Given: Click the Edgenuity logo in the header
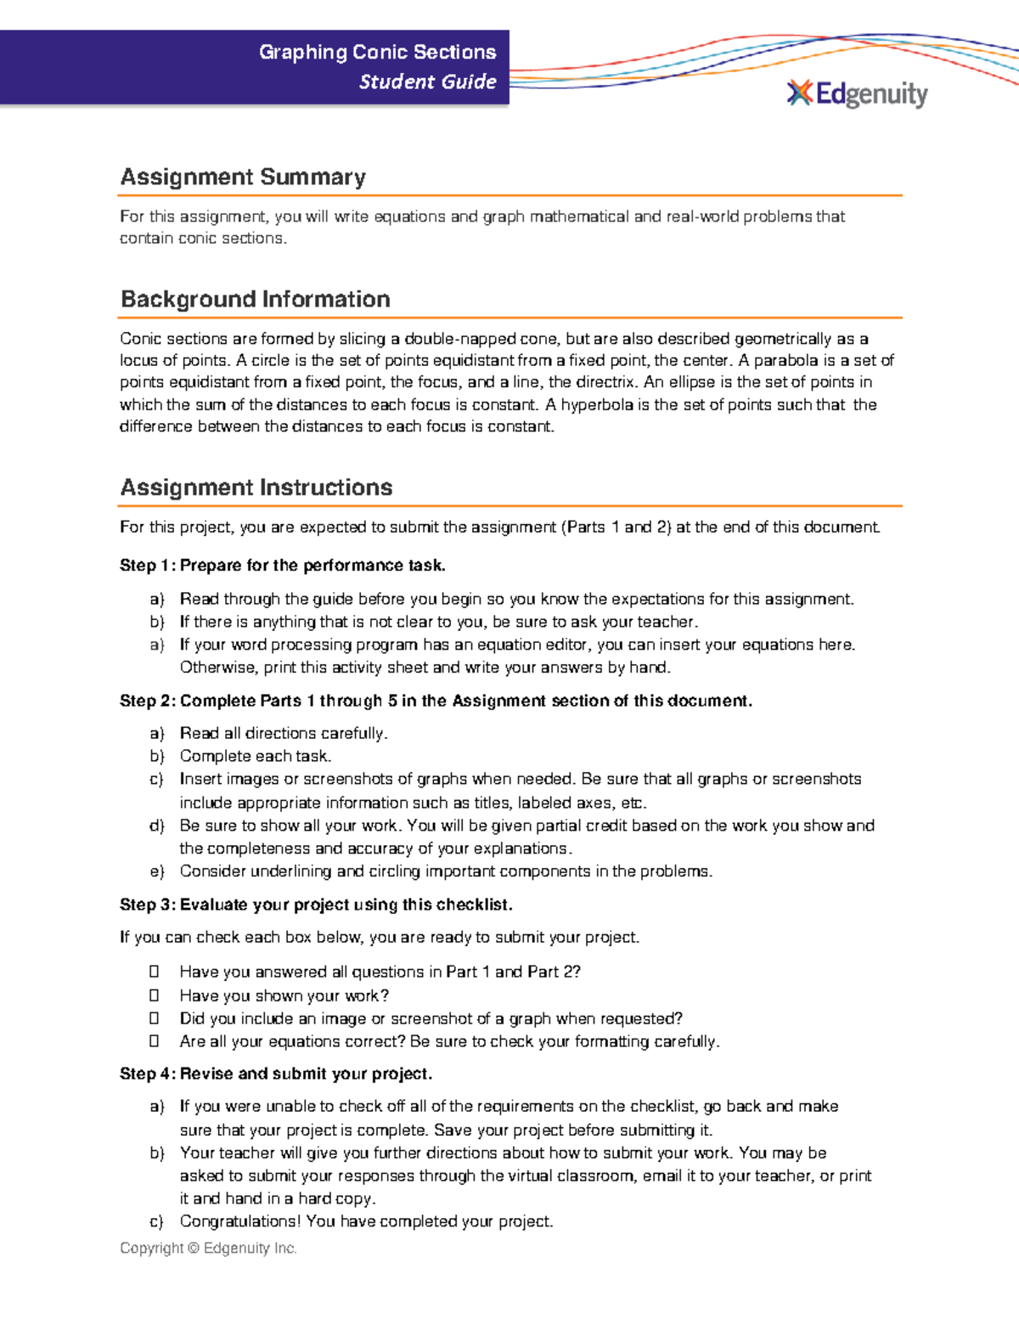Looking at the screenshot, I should [858, 93].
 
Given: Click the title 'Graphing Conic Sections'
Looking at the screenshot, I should [377, 52].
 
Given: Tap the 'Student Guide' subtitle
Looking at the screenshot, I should [427, 82].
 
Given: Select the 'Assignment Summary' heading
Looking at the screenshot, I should [243, 177].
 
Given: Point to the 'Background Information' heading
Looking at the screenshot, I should [255, 299].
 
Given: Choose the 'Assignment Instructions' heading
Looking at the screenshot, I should [256, 488].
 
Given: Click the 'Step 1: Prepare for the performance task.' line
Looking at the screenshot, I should [282, 566].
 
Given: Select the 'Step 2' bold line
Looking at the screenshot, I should [435, 701].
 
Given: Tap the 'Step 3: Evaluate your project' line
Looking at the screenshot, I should [316, 905].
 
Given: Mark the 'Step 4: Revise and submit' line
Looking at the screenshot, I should [276, 1074].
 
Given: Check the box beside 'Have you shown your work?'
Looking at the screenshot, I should [155, 995].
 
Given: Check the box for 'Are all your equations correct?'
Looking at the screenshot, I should [155, 1040].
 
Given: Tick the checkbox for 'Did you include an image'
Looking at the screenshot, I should [155, 1017].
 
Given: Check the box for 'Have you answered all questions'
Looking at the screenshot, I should [155, 971].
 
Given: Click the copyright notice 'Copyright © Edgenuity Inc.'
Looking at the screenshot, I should [208, 1248].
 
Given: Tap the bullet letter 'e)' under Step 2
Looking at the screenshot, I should [156, 871].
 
